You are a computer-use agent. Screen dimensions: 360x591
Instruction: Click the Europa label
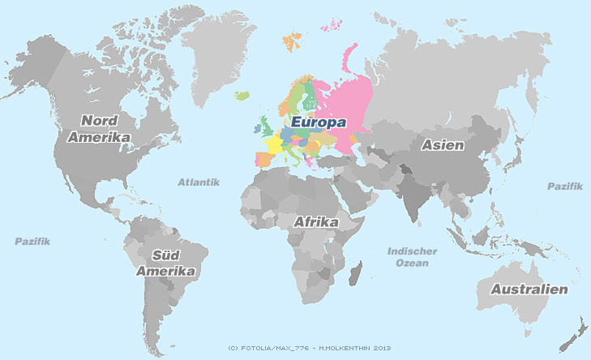coord(319,122)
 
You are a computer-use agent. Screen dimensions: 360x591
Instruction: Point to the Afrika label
coord(315,221)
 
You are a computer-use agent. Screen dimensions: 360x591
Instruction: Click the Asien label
coord(442,146)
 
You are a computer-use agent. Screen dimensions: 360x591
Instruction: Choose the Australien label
coord(524,289)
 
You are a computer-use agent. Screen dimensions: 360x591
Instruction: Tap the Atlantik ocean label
coord(199,182)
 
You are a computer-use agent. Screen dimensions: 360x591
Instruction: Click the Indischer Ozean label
coord(413,257)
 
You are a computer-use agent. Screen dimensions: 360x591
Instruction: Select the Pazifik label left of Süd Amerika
coord(32,242)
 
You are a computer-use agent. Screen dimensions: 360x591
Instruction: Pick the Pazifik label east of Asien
coord(564,186)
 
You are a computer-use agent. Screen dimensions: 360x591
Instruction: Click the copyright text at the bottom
coord(310,348)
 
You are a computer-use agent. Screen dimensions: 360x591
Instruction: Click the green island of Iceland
coord(242,96)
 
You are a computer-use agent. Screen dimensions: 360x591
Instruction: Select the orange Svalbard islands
coord(291,40)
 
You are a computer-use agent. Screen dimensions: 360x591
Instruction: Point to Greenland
coord(215,49)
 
